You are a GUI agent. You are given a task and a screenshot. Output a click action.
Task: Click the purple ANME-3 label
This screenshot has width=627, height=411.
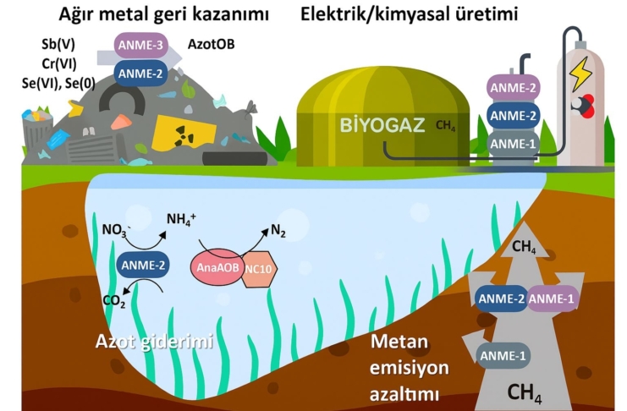click(x=140, y=45)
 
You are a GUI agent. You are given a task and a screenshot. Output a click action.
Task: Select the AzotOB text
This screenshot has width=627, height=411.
click(x=212, y=44)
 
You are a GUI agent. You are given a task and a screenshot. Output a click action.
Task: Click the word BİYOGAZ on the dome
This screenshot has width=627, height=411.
click(x=382, y=125)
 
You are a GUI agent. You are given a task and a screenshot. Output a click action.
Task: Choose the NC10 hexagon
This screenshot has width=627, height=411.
click(x=259, y=269)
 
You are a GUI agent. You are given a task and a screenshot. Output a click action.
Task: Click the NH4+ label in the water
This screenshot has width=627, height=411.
click(x=181, y=219)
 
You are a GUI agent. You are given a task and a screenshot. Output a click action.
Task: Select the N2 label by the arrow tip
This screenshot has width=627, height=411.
click(x=278, y=231)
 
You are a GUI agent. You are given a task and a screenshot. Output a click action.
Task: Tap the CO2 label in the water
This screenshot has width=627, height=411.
click(x=114, y=301)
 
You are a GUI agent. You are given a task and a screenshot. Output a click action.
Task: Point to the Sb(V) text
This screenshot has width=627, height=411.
click(x=58, y=44)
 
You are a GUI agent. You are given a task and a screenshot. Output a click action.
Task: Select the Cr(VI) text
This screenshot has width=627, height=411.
click(x=58, y=63)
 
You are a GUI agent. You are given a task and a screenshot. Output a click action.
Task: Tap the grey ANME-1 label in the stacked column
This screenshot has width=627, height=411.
click(x=513, y=144)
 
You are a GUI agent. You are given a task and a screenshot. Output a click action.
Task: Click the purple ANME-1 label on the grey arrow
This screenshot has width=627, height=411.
click(x=553, y=299)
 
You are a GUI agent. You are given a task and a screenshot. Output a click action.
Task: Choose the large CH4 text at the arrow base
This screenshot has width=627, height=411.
click(x=524, y=393)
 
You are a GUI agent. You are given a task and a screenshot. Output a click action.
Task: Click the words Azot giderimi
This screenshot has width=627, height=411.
click(x=154, y=342)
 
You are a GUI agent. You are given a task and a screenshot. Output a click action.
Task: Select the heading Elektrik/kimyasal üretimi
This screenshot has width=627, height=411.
click(x=409, y=14)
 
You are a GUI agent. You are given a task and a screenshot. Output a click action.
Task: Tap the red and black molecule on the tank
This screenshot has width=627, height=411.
click(x=583, y=106)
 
